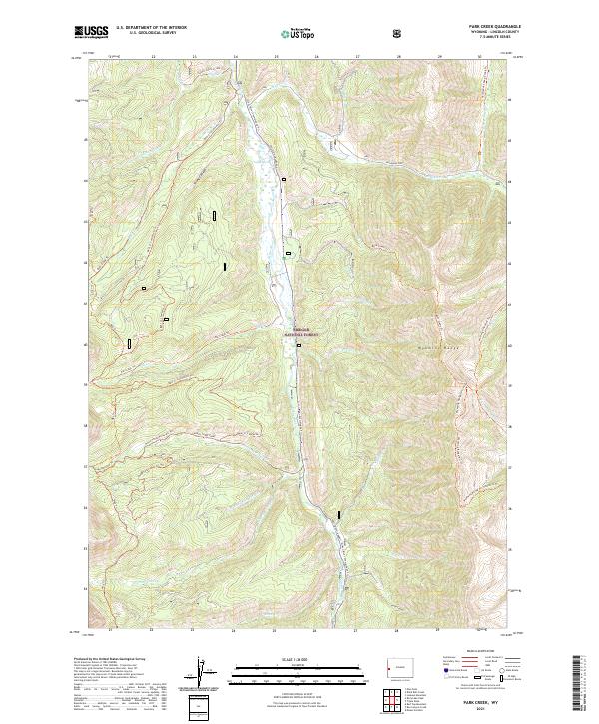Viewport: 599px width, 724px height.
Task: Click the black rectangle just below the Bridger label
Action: pos(299,345)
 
